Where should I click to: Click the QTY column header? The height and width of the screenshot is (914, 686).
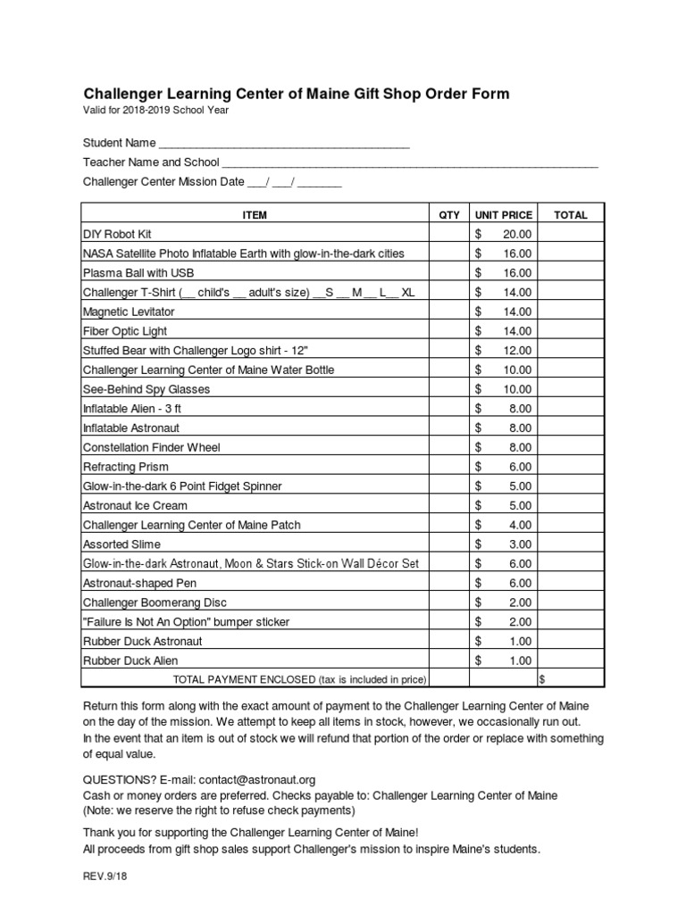[449, 214]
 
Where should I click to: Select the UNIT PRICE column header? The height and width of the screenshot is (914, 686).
[503, 214]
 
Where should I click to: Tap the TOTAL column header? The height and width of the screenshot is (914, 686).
[571, 214]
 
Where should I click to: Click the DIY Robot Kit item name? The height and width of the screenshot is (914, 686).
[117, 234]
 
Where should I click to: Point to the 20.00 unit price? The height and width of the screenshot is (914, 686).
[515, 234]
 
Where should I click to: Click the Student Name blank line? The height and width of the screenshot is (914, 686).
[283, 143]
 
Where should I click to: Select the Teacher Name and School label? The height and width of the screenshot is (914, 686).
[151, 162]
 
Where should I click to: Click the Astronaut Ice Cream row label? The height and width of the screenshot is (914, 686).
[135, 505]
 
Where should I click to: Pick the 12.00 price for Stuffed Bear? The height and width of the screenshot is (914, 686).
[515, 350]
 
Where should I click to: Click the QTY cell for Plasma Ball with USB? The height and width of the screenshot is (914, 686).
[449, 272]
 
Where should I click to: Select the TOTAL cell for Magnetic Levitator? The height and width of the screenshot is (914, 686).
[571, 312]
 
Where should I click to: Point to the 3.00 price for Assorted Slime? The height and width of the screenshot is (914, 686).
[518, 544]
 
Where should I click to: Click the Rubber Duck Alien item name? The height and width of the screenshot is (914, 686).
[130, 661]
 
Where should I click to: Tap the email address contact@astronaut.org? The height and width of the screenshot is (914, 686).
[257, 779]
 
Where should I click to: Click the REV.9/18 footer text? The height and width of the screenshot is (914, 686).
[105, 877]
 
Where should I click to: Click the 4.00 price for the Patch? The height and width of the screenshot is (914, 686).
[518, 525]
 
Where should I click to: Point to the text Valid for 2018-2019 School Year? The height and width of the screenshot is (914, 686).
[156, 110]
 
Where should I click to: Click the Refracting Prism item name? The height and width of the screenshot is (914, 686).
[125, 467]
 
